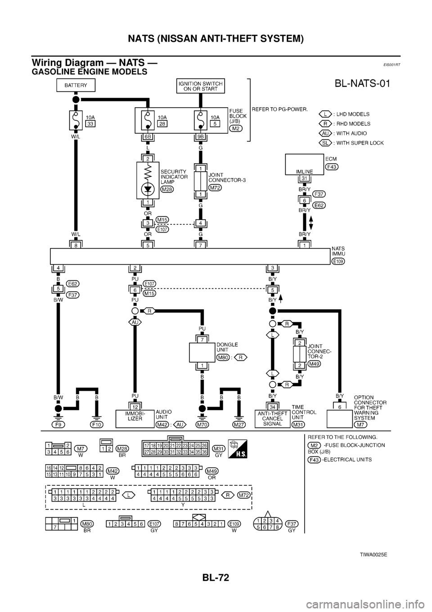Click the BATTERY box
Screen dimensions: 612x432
click(x=76, y=85)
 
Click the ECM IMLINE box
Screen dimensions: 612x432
click(x=305, y=165)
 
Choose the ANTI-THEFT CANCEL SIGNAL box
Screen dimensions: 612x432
click(x=272, y=418)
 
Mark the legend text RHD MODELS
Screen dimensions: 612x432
click(x=354, y=123)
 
